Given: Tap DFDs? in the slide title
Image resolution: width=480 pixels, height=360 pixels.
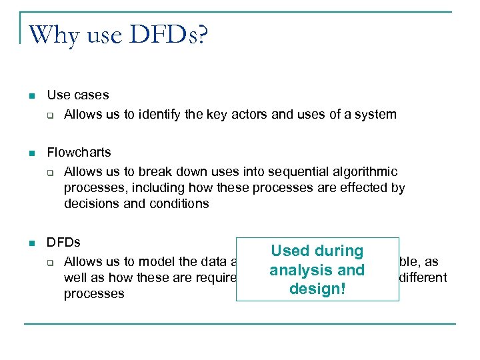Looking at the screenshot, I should (169, 34).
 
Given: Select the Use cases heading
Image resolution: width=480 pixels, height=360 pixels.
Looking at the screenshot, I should (77, 95).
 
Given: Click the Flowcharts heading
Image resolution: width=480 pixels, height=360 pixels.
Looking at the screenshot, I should (79, 153).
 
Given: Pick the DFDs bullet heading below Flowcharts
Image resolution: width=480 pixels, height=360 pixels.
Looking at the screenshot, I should (63, 242).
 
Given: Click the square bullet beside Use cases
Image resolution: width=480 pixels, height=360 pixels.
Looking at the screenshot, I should (31, 96).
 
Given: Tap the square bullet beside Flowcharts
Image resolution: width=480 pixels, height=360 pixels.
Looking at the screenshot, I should (31, 153).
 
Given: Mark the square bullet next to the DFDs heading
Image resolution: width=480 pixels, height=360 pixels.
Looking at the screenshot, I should (31, 243).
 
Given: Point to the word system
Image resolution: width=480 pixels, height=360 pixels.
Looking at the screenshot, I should (375, 115).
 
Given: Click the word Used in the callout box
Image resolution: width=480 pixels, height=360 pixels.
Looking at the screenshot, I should (291, 251).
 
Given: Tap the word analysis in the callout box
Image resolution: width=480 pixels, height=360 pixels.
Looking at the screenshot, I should (297, 271).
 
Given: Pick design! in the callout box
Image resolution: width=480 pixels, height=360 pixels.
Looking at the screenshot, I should (317, 289).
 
